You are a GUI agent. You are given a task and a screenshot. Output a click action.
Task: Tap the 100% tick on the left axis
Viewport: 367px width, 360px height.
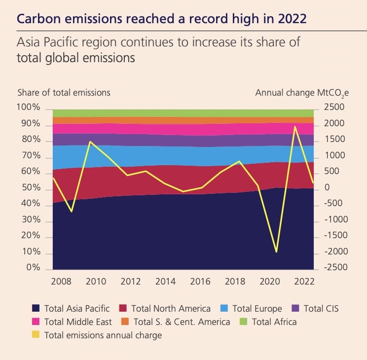28,108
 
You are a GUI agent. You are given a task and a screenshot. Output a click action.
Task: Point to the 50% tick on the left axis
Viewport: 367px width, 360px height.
30,188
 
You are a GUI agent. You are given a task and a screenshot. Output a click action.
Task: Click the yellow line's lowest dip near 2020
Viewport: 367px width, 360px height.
276,252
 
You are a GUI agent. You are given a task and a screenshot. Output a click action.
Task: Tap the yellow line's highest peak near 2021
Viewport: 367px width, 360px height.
294,127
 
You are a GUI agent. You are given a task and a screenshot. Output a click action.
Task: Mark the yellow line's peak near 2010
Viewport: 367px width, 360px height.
90,142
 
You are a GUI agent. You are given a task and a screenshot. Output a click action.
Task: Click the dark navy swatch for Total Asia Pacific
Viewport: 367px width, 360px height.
36,309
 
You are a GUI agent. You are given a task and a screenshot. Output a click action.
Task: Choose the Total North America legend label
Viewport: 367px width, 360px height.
171,309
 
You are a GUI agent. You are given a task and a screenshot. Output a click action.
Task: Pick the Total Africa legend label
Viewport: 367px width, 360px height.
274,322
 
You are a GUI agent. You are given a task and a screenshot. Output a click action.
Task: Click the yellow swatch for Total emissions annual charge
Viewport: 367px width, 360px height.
36,335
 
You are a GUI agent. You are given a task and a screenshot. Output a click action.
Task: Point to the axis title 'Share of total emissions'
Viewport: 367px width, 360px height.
64,92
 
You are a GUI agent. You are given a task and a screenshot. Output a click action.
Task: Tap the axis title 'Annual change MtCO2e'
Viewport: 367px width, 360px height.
298,93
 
